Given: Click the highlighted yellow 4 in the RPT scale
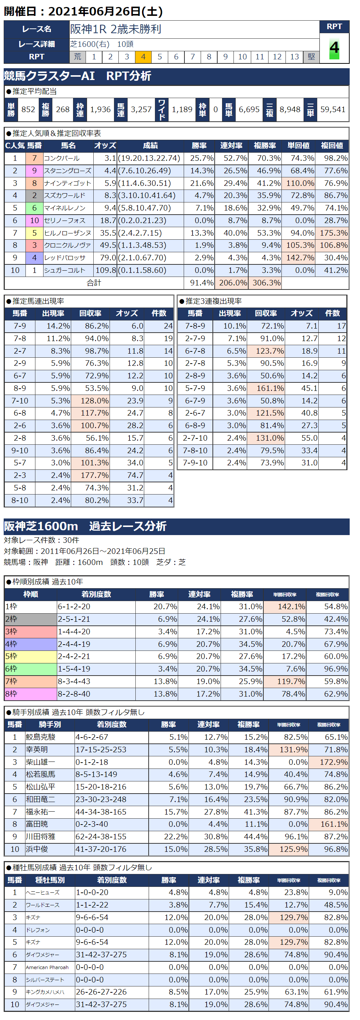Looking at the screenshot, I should tap(143, 57).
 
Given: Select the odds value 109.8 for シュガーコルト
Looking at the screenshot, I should tap(106, 270).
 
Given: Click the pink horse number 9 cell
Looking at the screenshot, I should tap(34, 171).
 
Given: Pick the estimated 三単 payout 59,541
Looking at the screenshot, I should tap(333, 109).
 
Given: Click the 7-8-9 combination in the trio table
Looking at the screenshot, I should tap(195, 326).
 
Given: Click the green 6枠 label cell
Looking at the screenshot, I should tap(30, 669).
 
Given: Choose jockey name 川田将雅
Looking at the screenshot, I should tap(41, 837).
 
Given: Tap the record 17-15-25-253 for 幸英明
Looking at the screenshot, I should tap(101, 750).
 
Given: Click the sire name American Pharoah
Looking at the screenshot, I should tap(47, 967).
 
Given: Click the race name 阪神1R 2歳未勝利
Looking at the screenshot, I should tap(116, 29).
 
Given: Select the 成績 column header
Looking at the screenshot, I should tap(150, 146).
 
